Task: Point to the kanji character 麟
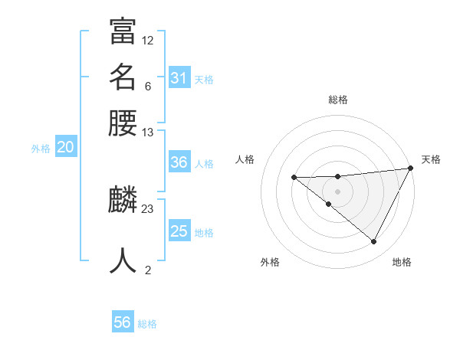click(123, 201)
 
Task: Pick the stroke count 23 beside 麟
click(148, 208)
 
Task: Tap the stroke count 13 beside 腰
click(148, 133)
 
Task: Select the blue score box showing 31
click(179, 77)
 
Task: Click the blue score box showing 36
click(179, 162)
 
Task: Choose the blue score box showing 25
click(179, 231)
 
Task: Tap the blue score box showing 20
click(65, 148)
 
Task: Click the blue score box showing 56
click(123, 322)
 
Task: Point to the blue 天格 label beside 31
click(204, 79)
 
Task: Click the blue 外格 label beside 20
click(41, 149)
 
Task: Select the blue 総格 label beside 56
click(147, 324)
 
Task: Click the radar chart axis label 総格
click(337, 100)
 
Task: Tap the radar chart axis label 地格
click(402, 263)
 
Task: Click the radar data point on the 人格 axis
click(294, 178)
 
